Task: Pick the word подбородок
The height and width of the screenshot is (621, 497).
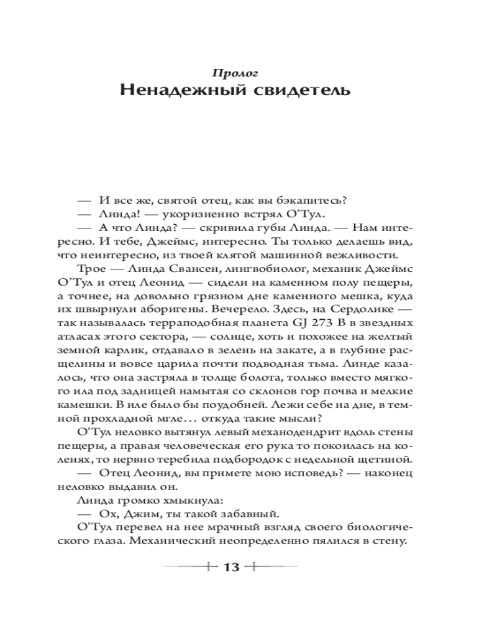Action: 264,460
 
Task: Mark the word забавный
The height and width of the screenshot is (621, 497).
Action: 252,514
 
